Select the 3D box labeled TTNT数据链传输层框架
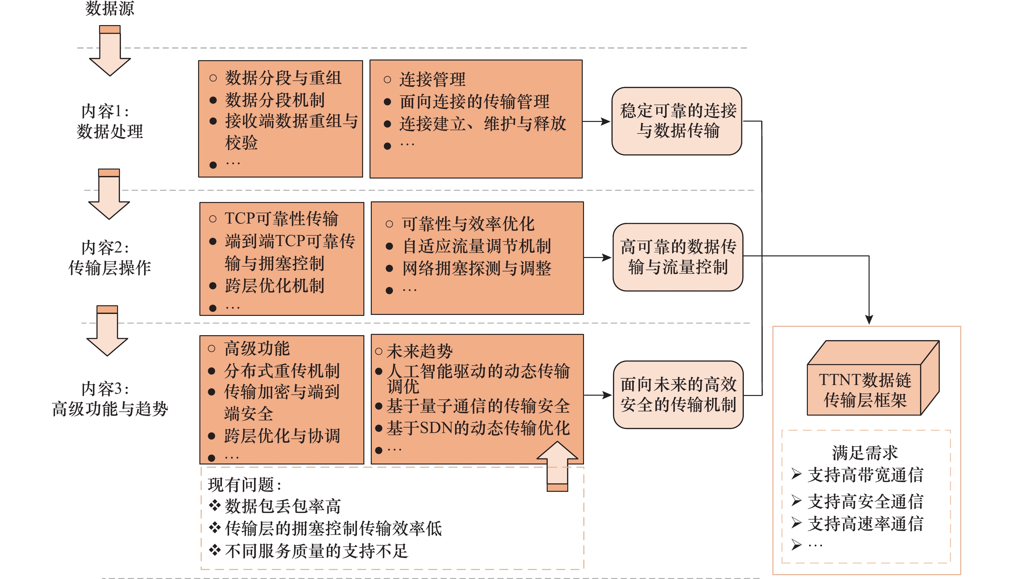point(864,390)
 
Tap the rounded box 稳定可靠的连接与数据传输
point(677,121)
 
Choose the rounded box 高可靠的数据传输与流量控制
point(678,257)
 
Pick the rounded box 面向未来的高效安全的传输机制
point(678,394)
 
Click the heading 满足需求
point(865,453)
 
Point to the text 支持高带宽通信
point(865,475)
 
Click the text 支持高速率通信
point(865,524)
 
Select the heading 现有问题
point(244,485)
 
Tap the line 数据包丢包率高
point(282,506)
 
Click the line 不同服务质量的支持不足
point(316,551)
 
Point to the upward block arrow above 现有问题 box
point(557,465)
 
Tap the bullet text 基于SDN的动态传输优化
point(478,428)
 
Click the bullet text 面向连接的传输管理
point(474,102)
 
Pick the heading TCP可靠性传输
point(281,218)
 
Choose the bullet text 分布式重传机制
point(281,371)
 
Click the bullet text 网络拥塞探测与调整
point(477,268)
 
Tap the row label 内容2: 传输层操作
point(109,258)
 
